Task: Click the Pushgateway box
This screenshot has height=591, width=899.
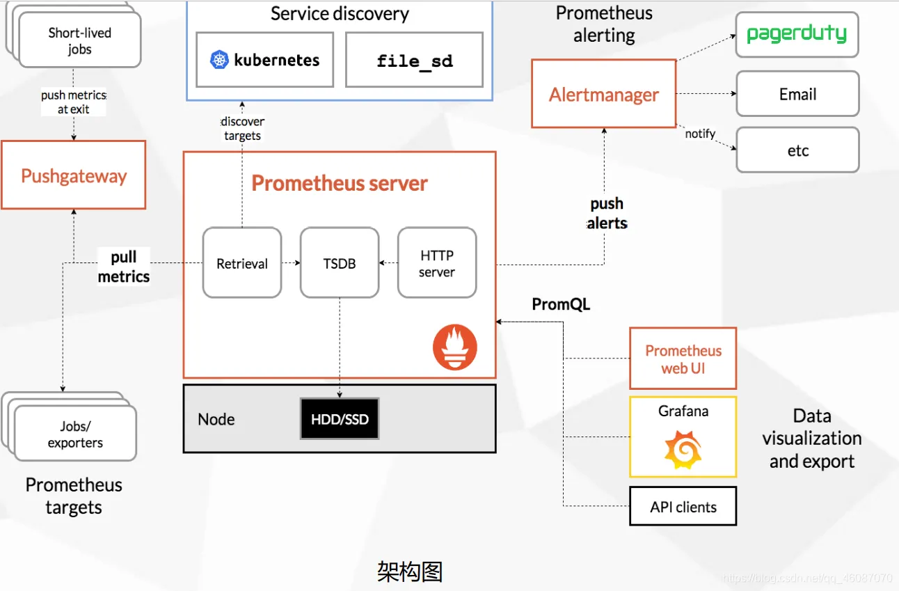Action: pyautogui.click(x=73, y=175)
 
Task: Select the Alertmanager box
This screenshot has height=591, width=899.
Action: pyautogui.click(x=603, y=94)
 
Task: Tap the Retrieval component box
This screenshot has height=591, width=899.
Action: pyautogui.click(x=242, y=263)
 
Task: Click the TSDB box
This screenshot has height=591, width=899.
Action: pyautogui.click(x=340, y=263)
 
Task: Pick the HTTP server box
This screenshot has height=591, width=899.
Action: pyautogui.click(x=437, y=263)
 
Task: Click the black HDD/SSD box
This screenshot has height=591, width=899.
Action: pyautogui.click(x=340, y=419)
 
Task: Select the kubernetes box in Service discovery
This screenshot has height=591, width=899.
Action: pyautogui.click(x=264, y=60)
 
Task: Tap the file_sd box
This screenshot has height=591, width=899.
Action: pyautogui.click(x=414, y=60)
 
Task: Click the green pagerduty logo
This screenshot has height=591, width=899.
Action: pyautogui.click(x=797, y=33)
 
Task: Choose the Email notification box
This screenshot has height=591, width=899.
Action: pyautogui.click(x=797, y=94)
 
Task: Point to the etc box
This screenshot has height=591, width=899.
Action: pyautogui.click(x=797, y=150)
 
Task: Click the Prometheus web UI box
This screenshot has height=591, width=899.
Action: pyautogui.click(x=683, y=358)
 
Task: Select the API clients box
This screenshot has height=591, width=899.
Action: pyautogui.click(x=683, y=507)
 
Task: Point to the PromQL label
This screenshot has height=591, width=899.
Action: pyautogui.click(x=561, y=304)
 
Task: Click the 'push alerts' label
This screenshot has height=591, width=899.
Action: pyautogui.click(x=607, y=213)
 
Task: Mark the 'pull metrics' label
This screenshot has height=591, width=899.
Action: pyautogui.click(x=124, y=267)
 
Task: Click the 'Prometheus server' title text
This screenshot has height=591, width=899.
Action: pyautogui.click(x=340, y=183)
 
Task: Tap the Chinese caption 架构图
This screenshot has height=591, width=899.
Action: pyautogui.click(x=410, y=572)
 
